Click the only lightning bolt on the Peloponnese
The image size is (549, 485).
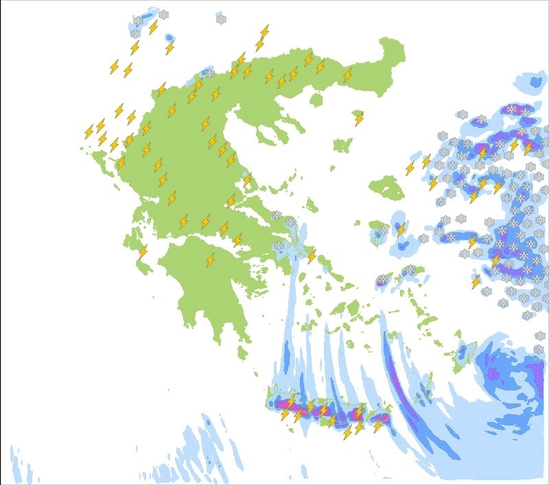coord(211,260)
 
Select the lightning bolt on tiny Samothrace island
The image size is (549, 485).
coord(359,119)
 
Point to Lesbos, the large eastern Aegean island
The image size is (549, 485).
coord(386,187)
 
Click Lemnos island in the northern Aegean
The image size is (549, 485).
coord(341,146)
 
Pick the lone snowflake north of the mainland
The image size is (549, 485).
coord(221,19)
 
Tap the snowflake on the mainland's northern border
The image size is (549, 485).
coord(209,73)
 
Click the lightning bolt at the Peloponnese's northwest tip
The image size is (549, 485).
coord(143,251)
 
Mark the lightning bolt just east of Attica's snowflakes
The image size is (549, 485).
coord(312,256)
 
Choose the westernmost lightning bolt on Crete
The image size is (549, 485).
coord(285,414)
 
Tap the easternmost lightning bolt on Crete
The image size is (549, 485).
coord(377,425)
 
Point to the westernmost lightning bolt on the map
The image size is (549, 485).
coord(89,132)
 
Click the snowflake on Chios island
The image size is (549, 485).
coord(383,230)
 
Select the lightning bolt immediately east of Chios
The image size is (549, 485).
coord(401,229)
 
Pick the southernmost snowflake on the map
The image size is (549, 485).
coord(539,350)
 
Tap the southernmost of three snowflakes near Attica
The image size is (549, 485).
coord(279,246)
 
